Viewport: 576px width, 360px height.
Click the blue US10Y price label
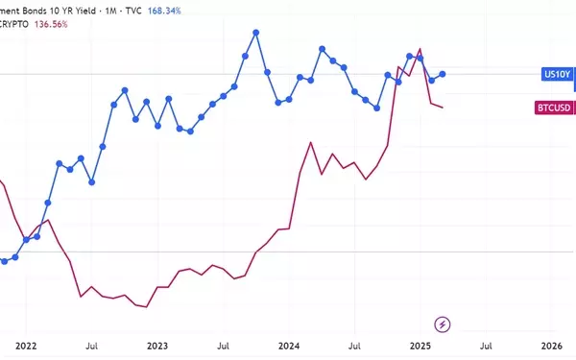click(x=557, y=75)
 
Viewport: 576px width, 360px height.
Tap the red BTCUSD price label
click(x=554, y=108)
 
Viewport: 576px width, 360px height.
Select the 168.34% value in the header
click(x=164, y=11)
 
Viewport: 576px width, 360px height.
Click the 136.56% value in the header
click(x=51, y=24)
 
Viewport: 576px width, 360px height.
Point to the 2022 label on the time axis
click(x=26, y=346)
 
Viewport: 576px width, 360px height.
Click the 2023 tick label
click(x=157, y=346)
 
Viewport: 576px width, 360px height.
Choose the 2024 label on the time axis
click(x=289, y=346)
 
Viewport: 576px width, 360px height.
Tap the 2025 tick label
click(x=420, y=346)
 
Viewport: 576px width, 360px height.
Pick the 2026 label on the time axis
click(x=552, y=346)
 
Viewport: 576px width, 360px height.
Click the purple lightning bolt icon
click(x=443, y=324)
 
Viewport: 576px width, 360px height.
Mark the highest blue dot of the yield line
click(x=256, y=33)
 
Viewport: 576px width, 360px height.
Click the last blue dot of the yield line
click(x=443, y=74)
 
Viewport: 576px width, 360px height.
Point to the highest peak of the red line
click(x=420, y=49)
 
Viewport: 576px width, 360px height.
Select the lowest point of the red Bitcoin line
click(x=147, y=307)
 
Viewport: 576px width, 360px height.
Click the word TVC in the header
click(x=133, y=11)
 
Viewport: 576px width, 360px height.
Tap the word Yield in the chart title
click(x=84, y=11)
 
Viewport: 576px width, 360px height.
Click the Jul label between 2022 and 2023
click(x=92, y=346)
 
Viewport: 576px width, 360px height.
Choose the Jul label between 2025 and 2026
click(x=486, y=346)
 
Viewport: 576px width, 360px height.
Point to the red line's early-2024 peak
click(x=311, y=142)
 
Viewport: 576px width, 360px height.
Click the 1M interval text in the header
click(x=110, y=11)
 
